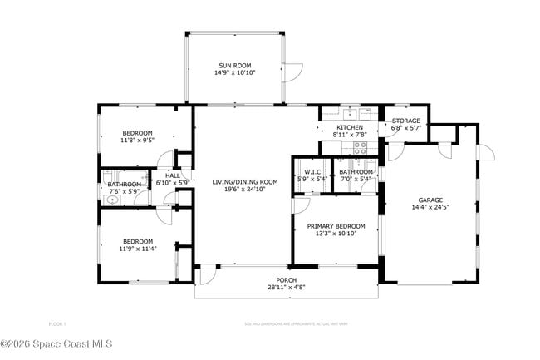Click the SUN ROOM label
236,65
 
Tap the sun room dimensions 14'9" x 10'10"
236,72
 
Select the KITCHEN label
349,127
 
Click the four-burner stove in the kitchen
361,148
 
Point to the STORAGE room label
406,121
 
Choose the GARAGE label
430,200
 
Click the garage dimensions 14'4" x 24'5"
430,208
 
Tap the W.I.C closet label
312,171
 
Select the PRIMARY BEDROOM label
336,226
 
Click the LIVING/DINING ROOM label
244,181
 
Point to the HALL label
173,175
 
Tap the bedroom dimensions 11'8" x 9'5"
137,141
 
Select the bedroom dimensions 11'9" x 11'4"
137,248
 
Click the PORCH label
286,280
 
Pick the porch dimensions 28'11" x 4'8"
286,288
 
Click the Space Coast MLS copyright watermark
56,343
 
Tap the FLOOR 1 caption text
57,323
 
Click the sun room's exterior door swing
290,73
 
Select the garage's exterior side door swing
487,152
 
